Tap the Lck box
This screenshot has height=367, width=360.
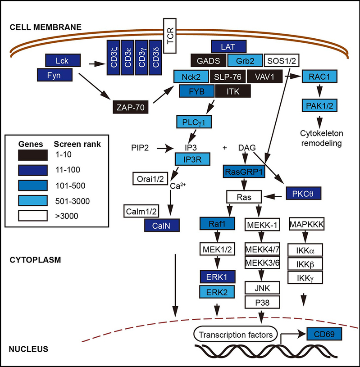63,59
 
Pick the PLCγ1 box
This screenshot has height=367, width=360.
194,122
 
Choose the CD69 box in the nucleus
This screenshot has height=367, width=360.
323,334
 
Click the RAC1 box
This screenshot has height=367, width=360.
320,77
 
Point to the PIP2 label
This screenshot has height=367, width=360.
141,147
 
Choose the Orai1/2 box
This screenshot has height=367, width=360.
151,178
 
